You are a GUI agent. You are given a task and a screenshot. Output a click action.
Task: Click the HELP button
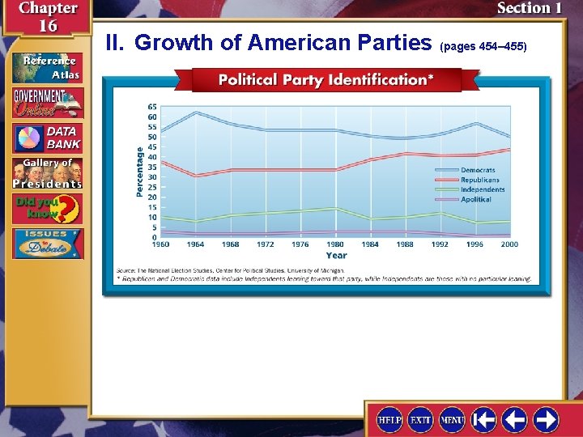pyautogui.click(x=389, y=420)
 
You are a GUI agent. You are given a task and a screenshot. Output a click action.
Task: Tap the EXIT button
pyautogui.click(x=420, y=420)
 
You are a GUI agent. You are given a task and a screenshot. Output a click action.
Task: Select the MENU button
pyautogui.click(x=452, y=420)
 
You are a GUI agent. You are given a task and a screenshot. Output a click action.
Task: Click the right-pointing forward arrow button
pyautogui.click(x=546, y=420)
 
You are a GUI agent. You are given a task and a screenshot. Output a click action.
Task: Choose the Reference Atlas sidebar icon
pyautogui.click(x=47, y=67)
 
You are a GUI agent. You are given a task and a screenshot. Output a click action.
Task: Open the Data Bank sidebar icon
pyautogui.click(x=47, y=138)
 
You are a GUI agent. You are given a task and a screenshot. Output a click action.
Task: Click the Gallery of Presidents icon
pyautogui.click(x=47, y=173)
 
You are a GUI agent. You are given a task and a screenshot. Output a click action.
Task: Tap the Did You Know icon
pyautogui.click(x=47, y=210)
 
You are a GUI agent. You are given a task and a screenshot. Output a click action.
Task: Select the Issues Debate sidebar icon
pyautogui.click(x=47, y=244)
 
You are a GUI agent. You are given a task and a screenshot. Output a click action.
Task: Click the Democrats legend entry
pyautogui.click(x=478, y=170)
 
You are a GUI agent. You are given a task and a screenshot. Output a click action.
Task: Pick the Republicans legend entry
pyautogui.click(x=480, y=180)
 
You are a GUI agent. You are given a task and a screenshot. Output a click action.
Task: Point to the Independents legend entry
pyautogui.click(x=483, y=189)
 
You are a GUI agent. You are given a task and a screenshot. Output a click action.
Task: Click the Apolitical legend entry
pyautogui.click(x=476, y=199)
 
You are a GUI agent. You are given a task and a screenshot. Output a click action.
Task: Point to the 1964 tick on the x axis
pyautogui.click(x=195, y=244)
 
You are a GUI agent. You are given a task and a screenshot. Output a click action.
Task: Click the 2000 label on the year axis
pyautogui.click(x=509, y=244)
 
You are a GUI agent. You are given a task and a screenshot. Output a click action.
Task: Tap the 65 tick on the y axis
pyautogui.click(x=152, y=106)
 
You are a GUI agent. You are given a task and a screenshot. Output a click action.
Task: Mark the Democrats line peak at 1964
pyautogui.click(x=195, y=112)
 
